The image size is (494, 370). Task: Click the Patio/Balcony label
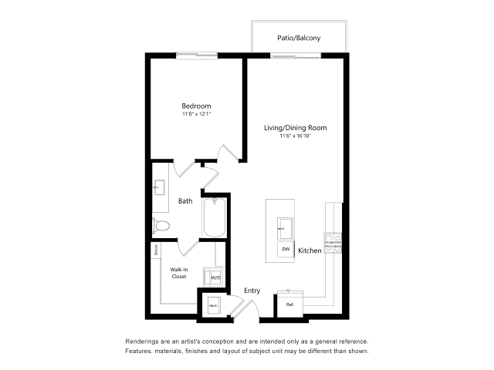click(299, 38)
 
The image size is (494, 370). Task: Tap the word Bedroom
click(196, 106)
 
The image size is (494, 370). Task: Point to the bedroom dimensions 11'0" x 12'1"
click(196, 114)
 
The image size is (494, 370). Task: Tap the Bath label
click(185, 201)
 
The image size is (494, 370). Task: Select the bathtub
click(214, 218)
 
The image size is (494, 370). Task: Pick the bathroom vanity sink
click(159, 187)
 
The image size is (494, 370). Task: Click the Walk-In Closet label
click(179, 272)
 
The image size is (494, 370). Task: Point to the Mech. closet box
click(213, 306)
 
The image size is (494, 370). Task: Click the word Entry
click(252, 291)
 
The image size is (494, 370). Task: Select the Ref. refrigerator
click(290, 304)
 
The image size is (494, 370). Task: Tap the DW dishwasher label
click(285, 249)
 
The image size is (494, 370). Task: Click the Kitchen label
click(310, 251)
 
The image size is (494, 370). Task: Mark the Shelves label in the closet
click(156, 249)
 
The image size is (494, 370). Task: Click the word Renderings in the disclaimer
click(144, 341)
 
